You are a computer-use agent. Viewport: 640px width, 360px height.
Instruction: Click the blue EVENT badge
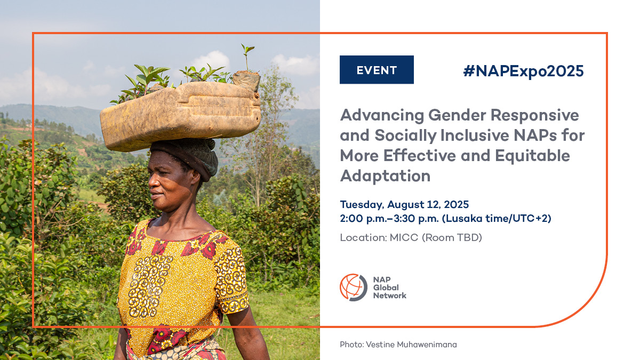377,70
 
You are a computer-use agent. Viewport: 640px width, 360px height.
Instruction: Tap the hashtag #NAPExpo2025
523,71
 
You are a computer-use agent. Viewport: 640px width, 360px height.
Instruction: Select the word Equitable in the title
532,156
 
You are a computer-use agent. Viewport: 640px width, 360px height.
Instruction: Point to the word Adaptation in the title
385,176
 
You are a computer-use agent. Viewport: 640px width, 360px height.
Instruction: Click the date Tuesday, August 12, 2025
404,205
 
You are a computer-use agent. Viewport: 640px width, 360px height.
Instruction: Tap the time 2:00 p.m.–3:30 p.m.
389,219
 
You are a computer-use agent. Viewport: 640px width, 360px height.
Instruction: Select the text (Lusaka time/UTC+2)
497,219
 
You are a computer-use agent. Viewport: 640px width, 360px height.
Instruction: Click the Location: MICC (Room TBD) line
411,237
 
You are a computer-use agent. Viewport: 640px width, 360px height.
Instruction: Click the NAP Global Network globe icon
353,287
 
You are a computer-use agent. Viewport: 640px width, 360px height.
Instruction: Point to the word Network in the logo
390,295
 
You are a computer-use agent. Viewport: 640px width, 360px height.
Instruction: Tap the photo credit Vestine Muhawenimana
411,345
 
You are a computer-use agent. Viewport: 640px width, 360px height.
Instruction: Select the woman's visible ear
196,178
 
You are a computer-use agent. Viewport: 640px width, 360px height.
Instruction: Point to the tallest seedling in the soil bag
246,58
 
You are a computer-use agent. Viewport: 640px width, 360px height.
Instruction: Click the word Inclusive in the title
475,135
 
